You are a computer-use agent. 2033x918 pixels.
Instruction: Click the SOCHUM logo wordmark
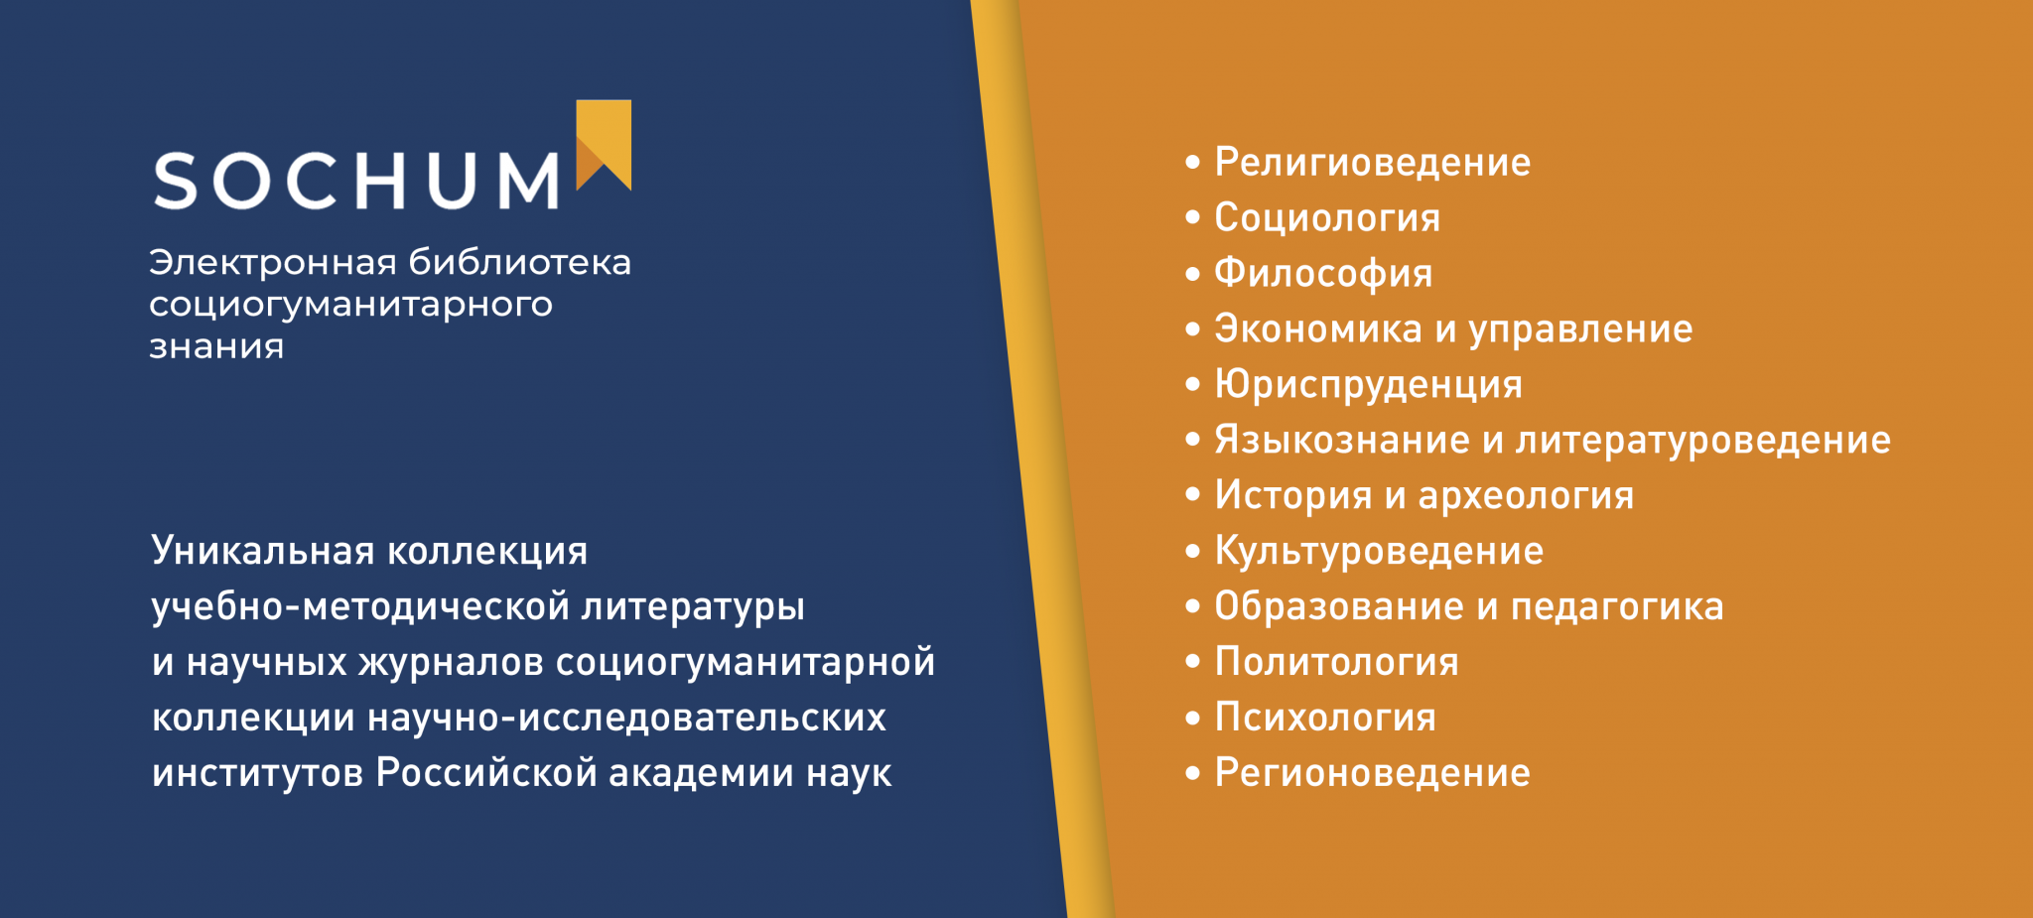[x=356, y=181]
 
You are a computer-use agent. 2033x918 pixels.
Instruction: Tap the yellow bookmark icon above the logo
[x=604, y=144]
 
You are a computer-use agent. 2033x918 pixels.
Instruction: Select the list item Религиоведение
[x=1372, y=163]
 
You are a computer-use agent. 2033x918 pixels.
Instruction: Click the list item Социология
[x=1327, y=218]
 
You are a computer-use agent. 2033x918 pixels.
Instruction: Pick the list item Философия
[x=1323, y=274]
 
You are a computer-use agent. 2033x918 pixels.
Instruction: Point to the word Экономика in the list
[x=1318, y=329]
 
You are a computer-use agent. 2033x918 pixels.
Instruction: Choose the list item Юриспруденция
[x=1368, y=385]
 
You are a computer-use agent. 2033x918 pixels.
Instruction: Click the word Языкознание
[x=1342, y=440]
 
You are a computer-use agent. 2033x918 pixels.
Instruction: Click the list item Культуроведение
[x=1379, y=552]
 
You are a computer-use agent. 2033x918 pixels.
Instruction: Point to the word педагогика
[x=1617, y=607]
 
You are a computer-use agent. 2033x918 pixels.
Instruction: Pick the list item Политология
[x=1337, y=663]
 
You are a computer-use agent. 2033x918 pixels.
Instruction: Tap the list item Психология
[x=1325, y=719]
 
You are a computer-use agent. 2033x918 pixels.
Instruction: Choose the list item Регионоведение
[x=1372, y=774]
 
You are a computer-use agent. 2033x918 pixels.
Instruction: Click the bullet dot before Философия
[x=1192, y=273]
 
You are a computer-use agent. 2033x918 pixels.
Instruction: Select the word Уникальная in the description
[x=263, y=551]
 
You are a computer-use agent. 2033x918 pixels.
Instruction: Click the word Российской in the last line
[x=486, y=773]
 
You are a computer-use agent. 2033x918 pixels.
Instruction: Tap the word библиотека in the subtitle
[x=520, y=262]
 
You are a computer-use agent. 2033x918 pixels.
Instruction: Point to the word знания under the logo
[x=216, y=347]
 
